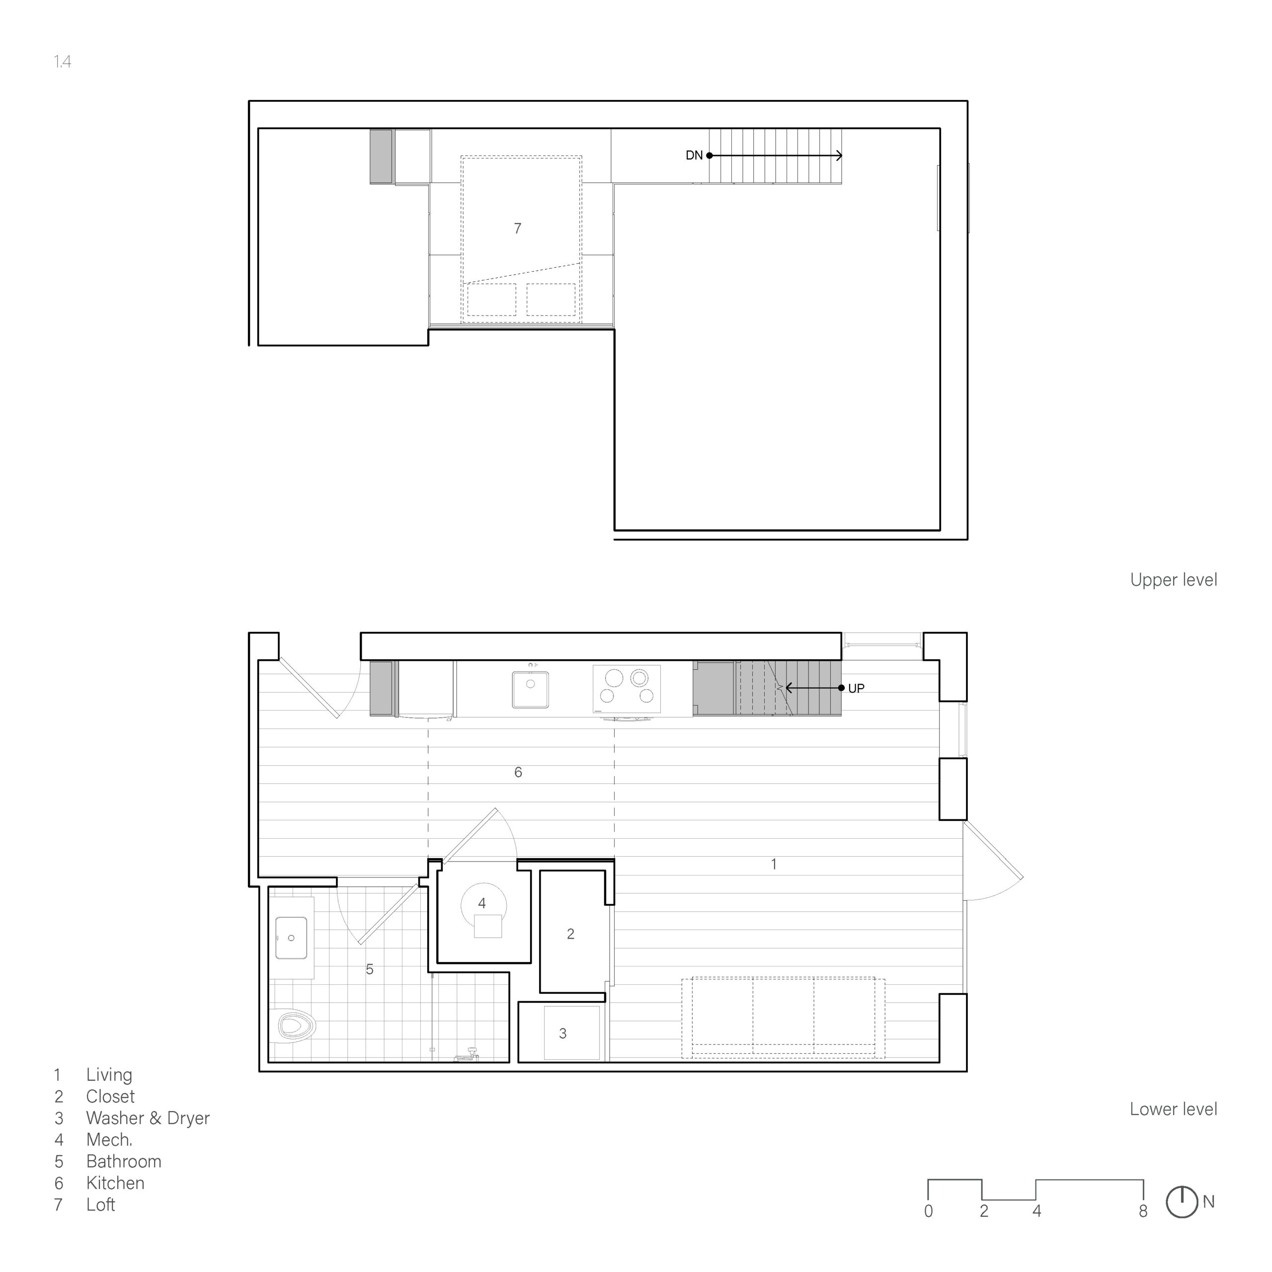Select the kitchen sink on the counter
pos(531,689)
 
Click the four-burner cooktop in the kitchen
pos(627,689)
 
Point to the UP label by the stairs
pos(856,689)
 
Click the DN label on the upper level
pos(694,156)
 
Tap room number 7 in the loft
pos(517,229)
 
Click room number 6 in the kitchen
pos(518,772)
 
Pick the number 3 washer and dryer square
pos(563,1033)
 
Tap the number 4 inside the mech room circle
pos(482,903)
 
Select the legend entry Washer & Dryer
pos(148,1118)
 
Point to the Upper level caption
pos(1173,580)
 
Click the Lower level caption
pos(1173,1110)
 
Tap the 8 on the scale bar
pos(1143,1211)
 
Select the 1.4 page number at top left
pos(63,62)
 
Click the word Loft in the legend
pos(101,1205)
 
